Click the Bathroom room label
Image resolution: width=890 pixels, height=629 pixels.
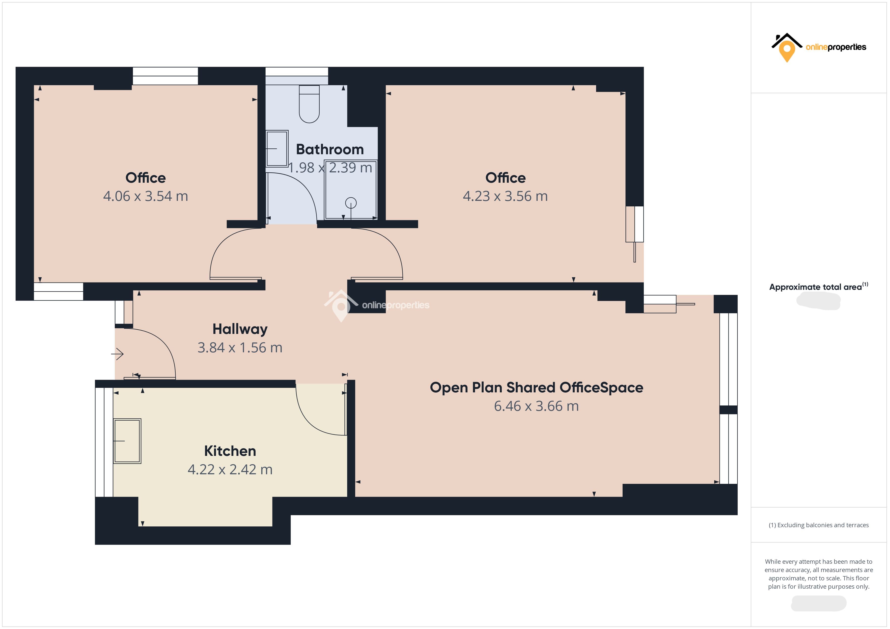pos(330,149)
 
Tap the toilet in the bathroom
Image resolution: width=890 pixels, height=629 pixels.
pos(309,104)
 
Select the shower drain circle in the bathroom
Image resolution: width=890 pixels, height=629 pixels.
pos(351,203)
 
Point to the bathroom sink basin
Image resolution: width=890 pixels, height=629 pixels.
pos(277,149)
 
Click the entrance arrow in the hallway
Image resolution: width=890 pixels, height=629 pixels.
pos(118,354)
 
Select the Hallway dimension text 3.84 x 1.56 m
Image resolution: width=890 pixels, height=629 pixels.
pos(240,348)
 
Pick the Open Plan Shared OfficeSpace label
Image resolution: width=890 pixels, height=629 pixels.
pos(537,388)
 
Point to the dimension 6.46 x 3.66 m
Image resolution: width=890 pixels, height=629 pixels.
pos(537,406)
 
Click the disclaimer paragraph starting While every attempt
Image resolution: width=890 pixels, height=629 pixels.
pos(819,574)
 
